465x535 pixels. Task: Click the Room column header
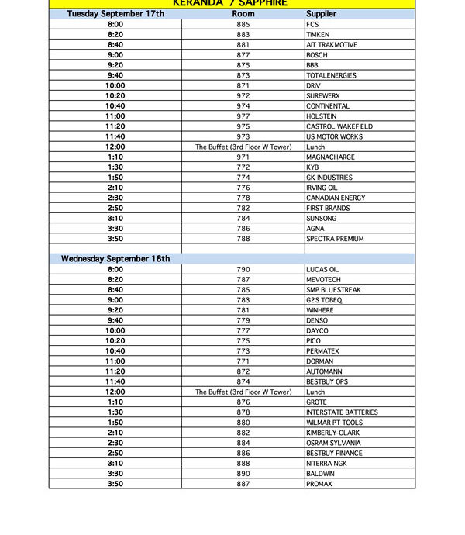243,14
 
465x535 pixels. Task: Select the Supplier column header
321,14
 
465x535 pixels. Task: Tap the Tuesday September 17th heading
115,14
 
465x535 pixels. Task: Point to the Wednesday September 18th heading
115,259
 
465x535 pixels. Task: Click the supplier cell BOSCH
317,55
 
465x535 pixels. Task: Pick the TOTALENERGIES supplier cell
332,75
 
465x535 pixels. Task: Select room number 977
243,116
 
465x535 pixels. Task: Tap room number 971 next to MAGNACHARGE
243,157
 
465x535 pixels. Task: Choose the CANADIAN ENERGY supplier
336,198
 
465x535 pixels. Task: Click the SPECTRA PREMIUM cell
335,239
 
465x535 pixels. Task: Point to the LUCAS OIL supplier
322,270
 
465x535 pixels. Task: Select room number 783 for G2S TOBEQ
243,300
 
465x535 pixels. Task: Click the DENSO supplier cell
317,320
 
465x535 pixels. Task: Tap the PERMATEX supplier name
322,351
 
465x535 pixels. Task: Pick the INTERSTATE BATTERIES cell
342,412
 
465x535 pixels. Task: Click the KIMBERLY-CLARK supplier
333,433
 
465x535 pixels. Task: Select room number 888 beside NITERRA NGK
243,464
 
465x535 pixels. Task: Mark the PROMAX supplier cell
319,484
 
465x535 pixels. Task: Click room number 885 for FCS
243,25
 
